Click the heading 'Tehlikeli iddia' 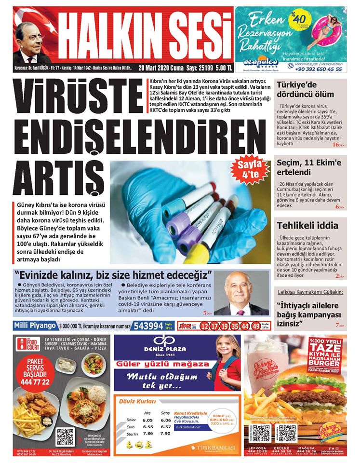(304, 226)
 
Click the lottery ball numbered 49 (256, 327)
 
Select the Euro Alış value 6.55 (147, 427)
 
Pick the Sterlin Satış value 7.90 (166, 434)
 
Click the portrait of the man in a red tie (240, 294)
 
